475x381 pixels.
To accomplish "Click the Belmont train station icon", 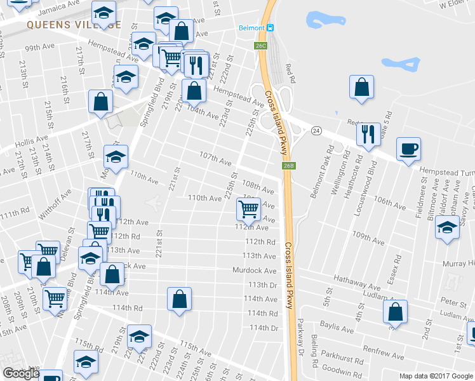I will click(270, 28).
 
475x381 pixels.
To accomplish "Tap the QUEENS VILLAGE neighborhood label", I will click(74, 25).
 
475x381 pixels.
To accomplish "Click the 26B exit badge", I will click(289, 166).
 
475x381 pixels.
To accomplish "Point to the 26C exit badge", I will click(261, 46).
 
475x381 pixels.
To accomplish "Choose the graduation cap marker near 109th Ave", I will click(448, 227).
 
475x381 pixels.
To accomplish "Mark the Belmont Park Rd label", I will click(322, 171).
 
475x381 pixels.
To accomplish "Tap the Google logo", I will click(21, 373).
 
